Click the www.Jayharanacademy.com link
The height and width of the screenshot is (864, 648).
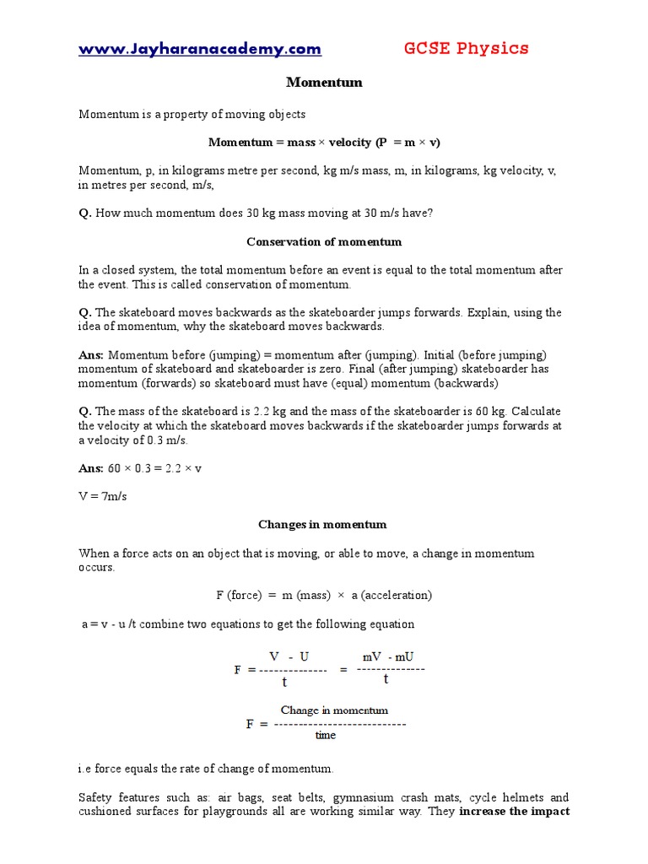[x=200, y=49]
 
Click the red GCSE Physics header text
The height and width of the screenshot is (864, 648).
[x=466, y=48]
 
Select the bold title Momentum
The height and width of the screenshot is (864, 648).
[x=324, y=82]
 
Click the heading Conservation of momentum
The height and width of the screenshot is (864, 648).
[x=324, y=241]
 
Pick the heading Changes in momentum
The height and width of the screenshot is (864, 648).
[x=322, y=524]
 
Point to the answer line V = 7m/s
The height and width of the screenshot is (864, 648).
[x=103, y=496]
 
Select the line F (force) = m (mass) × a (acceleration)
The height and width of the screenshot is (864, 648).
[x=324, y=595]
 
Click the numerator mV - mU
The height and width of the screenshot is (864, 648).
[x=388, y=656]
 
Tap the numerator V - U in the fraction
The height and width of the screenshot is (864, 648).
[x=289, y=656]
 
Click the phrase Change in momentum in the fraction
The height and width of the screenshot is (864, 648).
[x=334, y=710]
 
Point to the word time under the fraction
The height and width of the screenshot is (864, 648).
[x=326, y=735]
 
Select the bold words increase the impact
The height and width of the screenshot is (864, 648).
[x=514, y=811]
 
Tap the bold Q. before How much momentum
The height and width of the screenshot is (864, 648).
[x=85, y=213]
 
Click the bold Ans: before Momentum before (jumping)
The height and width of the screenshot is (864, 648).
[x=91, y=354]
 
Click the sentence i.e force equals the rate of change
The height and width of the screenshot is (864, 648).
[x=206, y=769]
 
